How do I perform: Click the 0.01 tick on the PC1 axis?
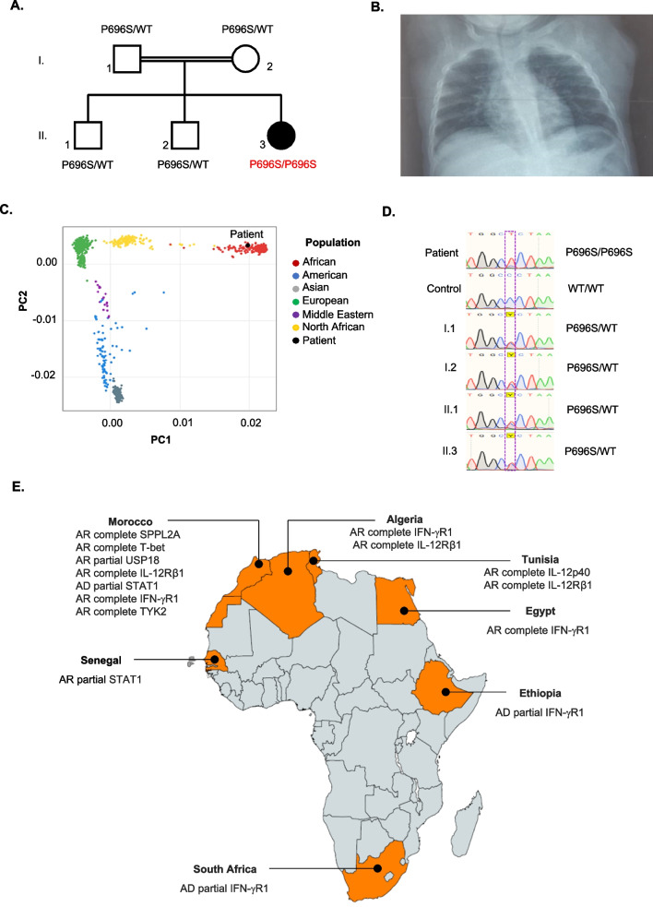(x=181, y=422)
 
